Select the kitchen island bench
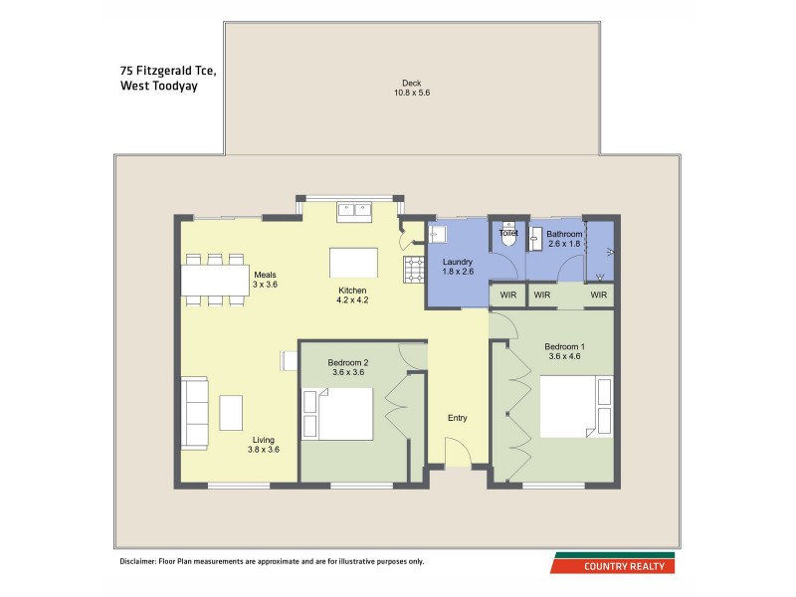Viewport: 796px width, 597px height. pos(353,262)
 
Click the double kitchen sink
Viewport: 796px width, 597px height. pos(353,210)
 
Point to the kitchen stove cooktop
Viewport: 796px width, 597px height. pos(413,269)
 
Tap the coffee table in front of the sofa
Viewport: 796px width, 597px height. pos(231,412)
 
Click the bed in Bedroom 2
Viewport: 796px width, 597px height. pos(338,413)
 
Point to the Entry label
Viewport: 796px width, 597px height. pos(457,418)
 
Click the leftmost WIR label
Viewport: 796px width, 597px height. pos(507,296)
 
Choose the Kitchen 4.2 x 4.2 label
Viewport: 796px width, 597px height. pos(353,296)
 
